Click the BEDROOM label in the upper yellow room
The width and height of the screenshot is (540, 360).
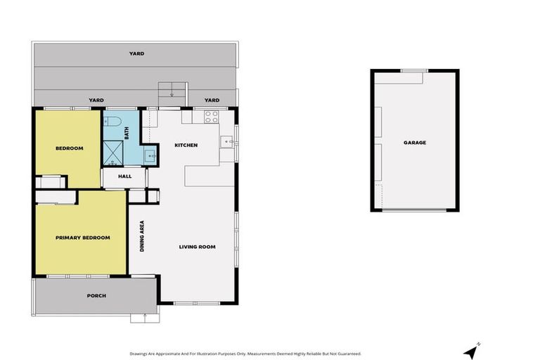pyautogui.click(x=70, y=148)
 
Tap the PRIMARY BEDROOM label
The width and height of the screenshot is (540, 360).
pyautogui.click(x=83, y=238)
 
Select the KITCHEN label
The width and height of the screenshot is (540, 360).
pyautogui.click(x=186, y=146)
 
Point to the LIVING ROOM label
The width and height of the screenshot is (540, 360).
pyautogui.click(x=197, y=247)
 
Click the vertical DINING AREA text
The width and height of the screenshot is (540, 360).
pyautogui.click(x=142, y=236)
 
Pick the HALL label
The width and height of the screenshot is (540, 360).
pyautogui.click(x=124, y=176)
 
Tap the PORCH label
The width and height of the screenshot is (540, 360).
pyautogui.click(x=96, y=296)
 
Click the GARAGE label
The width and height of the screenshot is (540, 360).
pyautogui.click(x=415, y=143)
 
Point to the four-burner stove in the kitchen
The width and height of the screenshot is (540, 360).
pyautogui.click(x=210, y=117)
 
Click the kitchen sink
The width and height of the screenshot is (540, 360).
pyautogui.click(x=226, y=142)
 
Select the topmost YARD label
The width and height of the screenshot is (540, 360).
pyautogui.click(x=136, y=53)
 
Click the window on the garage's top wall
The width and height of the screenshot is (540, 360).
pyautogui.click(x=414, y=70)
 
